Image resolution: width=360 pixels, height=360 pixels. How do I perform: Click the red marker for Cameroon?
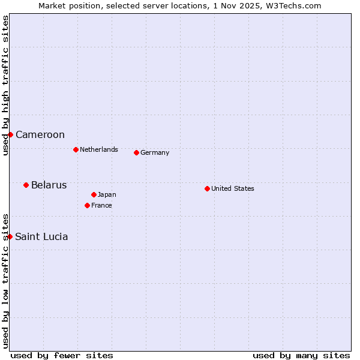10,134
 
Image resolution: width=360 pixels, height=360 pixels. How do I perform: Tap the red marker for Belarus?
26,185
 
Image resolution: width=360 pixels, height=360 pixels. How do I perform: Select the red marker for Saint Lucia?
10,236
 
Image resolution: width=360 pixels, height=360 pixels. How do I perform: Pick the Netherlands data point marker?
76,149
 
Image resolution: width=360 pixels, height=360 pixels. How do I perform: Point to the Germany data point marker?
136,152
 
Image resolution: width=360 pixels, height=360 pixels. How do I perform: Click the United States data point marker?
207,188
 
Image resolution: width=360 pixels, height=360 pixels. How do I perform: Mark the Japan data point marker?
94,194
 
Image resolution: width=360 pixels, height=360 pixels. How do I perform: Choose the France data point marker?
87,205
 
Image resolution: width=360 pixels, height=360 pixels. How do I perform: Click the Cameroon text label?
40,134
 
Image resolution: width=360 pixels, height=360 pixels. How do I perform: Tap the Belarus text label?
49,185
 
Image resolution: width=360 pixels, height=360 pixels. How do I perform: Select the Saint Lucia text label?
41,236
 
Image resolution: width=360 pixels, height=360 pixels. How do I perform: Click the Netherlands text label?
99,149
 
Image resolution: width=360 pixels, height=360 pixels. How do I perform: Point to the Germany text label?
155,152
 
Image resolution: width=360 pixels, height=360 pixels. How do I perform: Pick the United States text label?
233,188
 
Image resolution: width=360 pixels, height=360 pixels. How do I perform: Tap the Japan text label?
107,194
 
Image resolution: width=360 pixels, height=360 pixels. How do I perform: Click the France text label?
101,205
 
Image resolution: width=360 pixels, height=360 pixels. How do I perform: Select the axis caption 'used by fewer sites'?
62,355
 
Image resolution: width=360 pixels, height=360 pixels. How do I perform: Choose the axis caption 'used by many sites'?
301,355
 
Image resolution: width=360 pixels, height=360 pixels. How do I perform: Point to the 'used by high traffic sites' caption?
5,85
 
